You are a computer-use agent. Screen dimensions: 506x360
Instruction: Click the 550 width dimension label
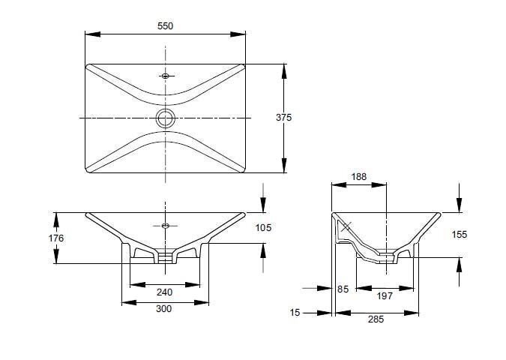click(x=165, y=25)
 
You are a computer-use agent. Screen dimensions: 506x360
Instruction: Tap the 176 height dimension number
click(x=56, y=238)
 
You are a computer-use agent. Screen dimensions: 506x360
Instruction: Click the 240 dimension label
click(x=165, y=292)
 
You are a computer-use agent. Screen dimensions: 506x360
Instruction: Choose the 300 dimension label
click(x=164, y=309)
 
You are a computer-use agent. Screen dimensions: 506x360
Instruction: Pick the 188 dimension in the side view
click(x=359, y=178)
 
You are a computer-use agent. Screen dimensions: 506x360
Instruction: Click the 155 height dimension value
click(x=460, y=235)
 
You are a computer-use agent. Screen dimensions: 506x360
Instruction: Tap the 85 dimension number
click(x=343, y=288)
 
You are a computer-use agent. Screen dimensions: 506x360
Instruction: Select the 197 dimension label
click(x=385, y=296)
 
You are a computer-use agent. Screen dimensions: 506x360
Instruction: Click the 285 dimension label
click(x=376, y=319)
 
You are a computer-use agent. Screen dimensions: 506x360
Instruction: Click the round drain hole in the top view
click(x=165, y=118)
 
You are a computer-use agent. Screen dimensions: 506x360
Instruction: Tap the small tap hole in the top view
click(x=166, y=75)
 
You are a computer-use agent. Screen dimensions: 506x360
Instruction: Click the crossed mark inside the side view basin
click(x=346, y=226)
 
